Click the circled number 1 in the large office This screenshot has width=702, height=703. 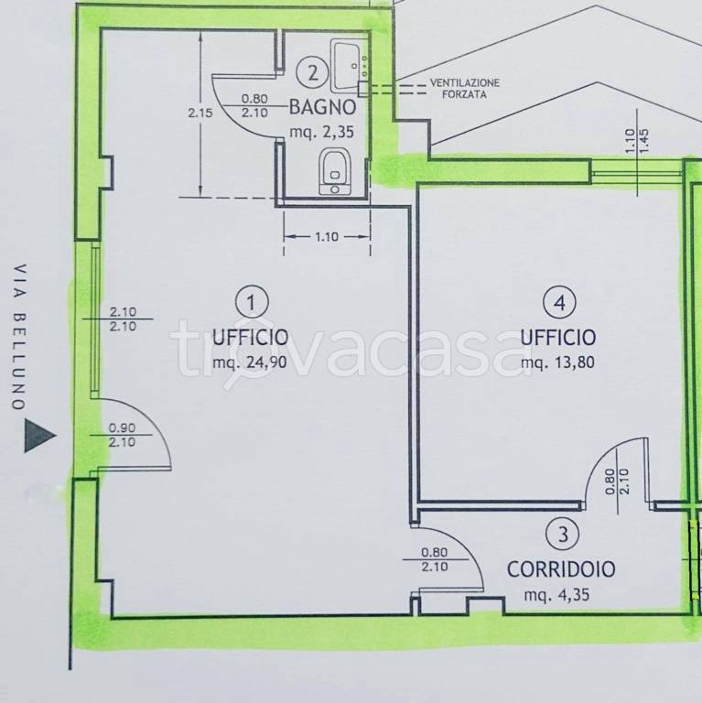(252, 303)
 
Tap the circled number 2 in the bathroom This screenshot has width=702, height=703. (313, 72)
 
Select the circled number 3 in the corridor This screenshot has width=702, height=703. (563, 534)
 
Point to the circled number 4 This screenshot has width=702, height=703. (559, 303)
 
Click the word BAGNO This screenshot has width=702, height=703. (323, 107)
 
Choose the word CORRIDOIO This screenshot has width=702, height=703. (561, 569)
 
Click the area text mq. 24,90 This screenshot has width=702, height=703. (250, 362)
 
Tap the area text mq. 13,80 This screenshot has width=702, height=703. (557, 362)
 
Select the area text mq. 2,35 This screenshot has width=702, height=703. (321, 132)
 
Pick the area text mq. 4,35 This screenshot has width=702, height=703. (556, 595)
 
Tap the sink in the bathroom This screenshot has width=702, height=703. (350, 66)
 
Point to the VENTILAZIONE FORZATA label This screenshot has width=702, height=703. (465, 88)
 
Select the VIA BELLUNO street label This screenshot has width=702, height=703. (19, 337)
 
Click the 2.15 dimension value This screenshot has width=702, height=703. (200, 113)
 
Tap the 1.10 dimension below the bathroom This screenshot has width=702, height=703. (327, 236)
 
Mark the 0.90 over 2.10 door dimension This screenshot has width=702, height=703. (122, 435)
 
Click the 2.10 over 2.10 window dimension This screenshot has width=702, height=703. (123, 319)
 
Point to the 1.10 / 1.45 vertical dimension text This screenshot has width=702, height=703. (637, 141)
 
